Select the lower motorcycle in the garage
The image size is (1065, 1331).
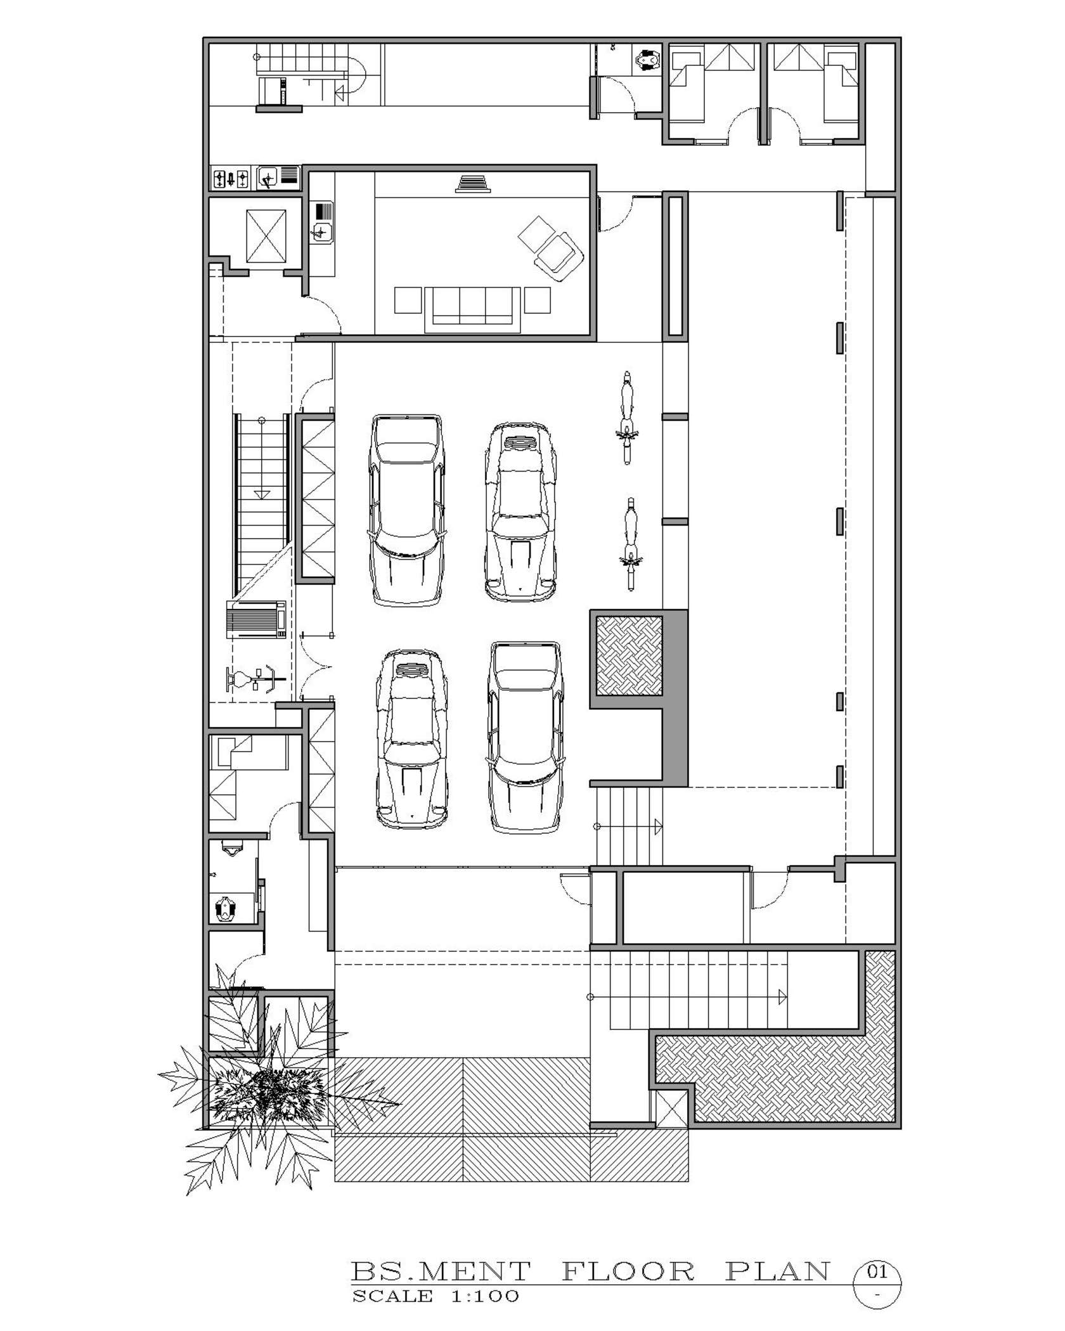[629, 544]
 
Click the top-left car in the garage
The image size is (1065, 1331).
[406, 510]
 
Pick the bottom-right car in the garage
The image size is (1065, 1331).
[525, 736]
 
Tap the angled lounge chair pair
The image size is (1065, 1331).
[550, 248]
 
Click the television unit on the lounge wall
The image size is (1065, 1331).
[472, 183]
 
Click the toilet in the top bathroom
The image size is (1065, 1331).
[647, 60]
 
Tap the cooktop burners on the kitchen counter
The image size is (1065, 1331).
[231, 179]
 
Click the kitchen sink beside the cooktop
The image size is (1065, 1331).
[269, 179]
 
